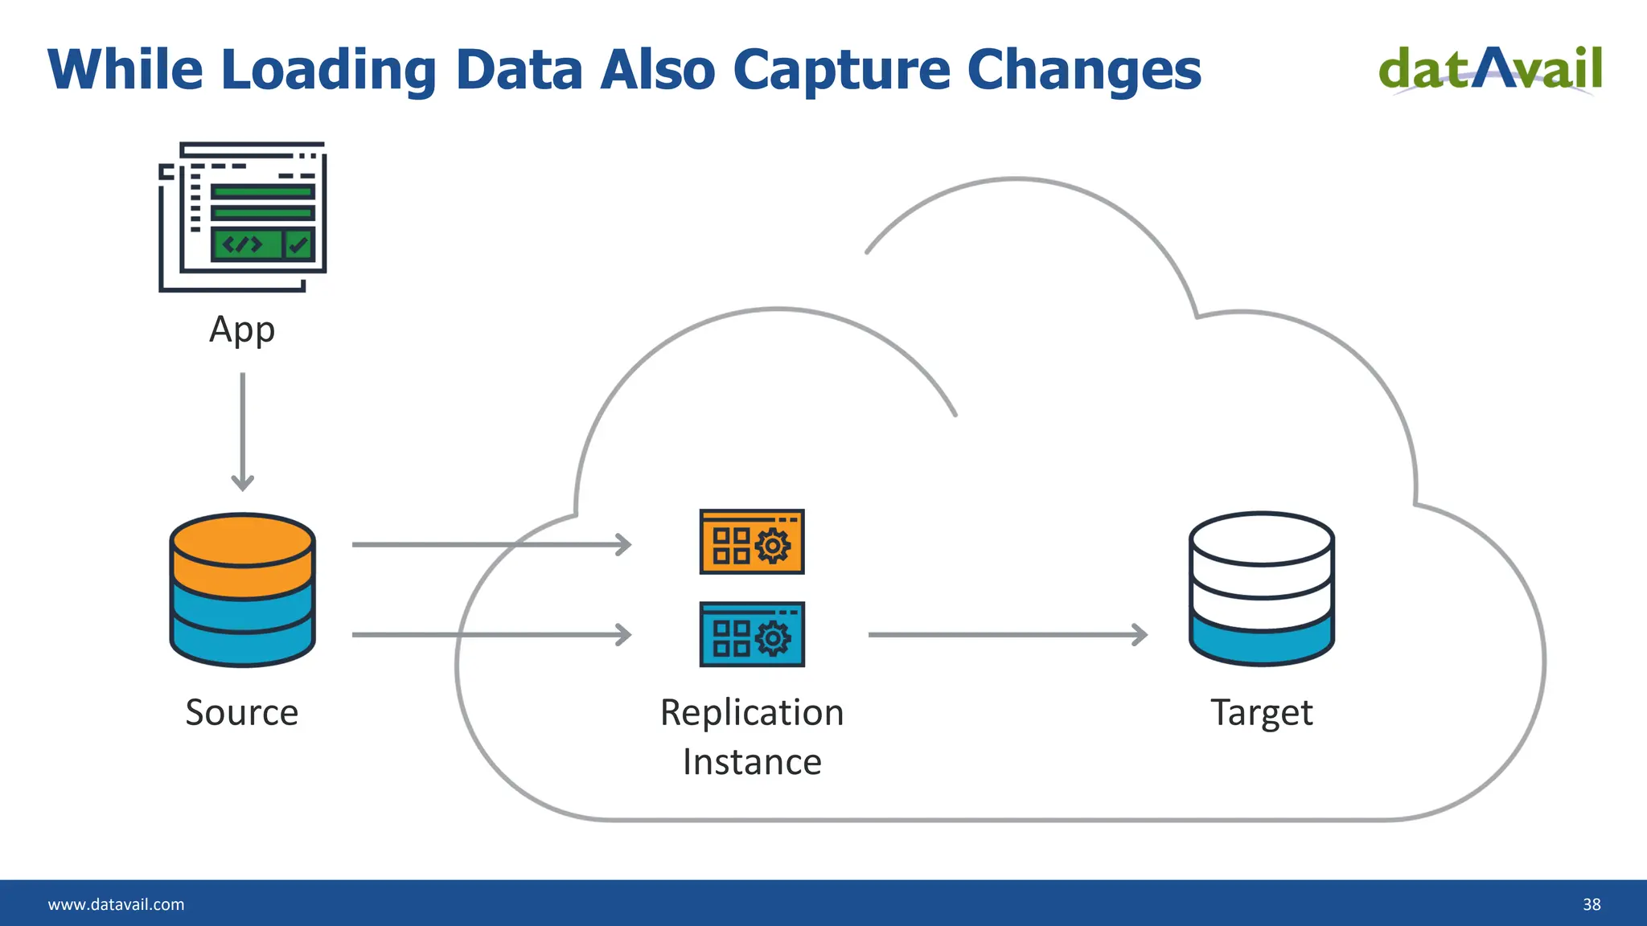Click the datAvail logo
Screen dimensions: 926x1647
coord(1490,69)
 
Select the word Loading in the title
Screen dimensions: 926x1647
coord(328,70)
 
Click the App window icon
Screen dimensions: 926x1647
coord(243,216)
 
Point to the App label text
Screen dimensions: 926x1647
coord(242,330)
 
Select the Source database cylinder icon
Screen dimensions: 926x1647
coord(242,591)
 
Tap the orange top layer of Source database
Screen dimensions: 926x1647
coord(242,555)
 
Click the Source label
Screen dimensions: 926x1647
coord(242,712)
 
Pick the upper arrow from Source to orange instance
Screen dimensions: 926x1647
coord(491,544)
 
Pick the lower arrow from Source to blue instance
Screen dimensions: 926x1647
coord(491,634)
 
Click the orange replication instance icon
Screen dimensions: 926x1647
coord(752,542)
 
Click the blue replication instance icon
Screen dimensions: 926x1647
coord(752,634)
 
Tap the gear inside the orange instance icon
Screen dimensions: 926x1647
coord(773,546)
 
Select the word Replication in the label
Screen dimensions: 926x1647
coord(752,712)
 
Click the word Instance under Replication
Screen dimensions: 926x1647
coord(752,762)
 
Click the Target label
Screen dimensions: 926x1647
coord(1261,712)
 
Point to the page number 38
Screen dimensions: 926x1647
coord(1592,904)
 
